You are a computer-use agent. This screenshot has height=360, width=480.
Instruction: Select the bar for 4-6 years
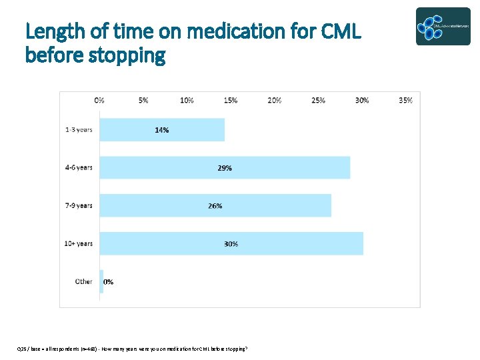[x=280, y=168]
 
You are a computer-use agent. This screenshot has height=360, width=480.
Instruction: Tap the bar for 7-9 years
[x=267, y=206]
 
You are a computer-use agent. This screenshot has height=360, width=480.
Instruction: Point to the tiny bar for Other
[x=101, y=281]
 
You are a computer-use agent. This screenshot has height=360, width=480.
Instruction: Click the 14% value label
[x=162, y=130]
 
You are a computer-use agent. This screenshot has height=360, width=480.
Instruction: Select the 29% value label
[x=225, y=168]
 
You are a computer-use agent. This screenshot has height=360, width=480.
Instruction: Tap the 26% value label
[x=215, y=206]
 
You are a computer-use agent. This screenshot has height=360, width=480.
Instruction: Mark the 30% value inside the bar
[x=231, y=244]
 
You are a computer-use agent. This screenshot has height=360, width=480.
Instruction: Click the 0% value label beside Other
[x=109, y=281]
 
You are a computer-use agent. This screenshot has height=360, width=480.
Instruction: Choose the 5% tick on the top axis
[x=143, y=100]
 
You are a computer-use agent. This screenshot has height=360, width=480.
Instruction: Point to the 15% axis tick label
[x=231, y=100]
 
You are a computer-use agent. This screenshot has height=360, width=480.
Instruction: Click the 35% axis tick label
[x=405, y=100]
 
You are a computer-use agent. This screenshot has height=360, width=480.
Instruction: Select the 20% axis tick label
[x=274, y=100]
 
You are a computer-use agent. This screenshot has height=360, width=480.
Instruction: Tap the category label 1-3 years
[x=79, y=130]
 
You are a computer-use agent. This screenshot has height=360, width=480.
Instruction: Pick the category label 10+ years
[x=78, y=243]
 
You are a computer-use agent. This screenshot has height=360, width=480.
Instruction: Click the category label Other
[x=83, y=281]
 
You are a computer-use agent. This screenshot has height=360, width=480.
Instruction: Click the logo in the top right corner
[x=443, y=26]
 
